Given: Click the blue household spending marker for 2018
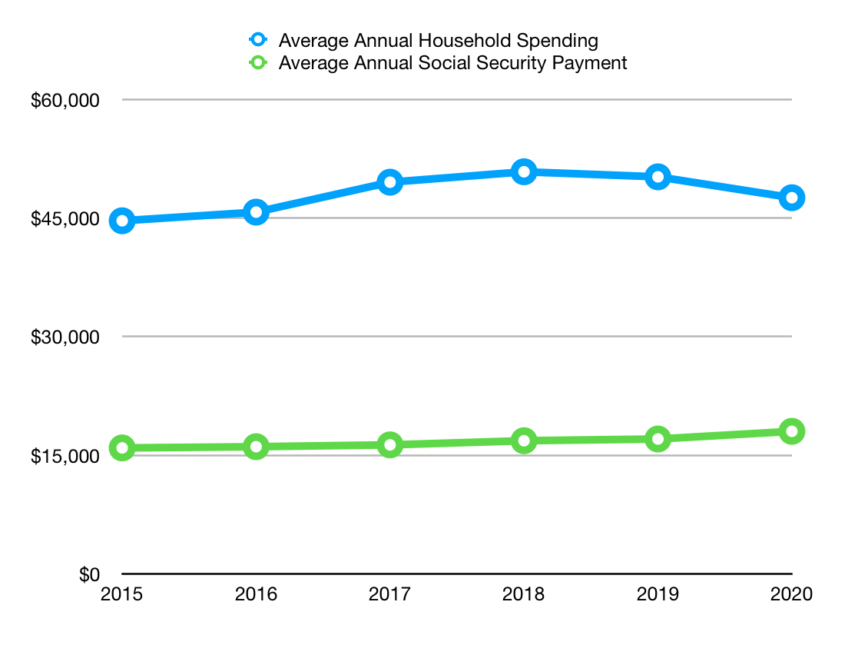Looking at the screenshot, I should pyautogui.click(x=524, y=171).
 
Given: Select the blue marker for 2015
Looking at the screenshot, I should pyautogui.click(x=122, y=221).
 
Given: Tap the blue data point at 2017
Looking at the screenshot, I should pyautogui.click(x=390, y=182).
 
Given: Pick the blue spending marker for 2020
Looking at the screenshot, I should pyautogui.click(x=792, y=198).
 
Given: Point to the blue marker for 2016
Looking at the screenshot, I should pyautogui.click(x=256, y=212).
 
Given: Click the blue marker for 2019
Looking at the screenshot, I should pyautogui.click(x=658, y=177).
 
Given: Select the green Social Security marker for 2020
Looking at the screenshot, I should pyautogui.click(x=792, y=431).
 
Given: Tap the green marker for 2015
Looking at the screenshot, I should pyautogui.click(x=122, y=448).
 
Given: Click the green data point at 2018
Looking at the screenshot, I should pyautogui.click(x=524, y=441).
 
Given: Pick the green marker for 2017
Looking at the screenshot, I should pyautogui.click(x=390, y=444).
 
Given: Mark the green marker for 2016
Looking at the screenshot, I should pyautogui.click(x=256, y=447).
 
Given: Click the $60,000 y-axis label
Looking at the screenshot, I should pyautogui.click(x=65, y=101).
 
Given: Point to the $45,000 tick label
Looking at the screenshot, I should pyautogui.click(x=65, y=219).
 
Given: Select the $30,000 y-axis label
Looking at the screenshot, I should pyautogui.click(x=65, y=337).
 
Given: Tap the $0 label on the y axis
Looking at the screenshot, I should pyautogui.click(x=90, y=574).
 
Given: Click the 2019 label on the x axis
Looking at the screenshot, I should pyautogui.click(x=658, y=594).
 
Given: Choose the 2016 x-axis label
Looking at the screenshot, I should pyautogui.click(x=256, y=594).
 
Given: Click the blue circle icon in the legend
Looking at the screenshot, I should pyautogui.click(x=258, y=40).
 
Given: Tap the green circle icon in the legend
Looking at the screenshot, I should pyautogui.click(x=258, y=63).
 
